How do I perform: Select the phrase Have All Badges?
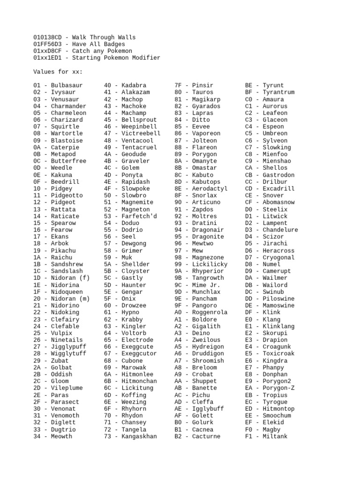pos(99,44)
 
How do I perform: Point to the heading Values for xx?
pos(58,72)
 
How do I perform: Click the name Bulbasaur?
pos(67,85)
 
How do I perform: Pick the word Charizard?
pos(67,120)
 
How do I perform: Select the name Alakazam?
pos(135,92)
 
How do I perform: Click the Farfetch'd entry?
pos(139,216)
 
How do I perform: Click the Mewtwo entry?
pos(202,244)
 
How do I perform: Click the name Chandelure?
pos(280,230)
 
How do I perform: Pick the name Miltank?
pos(275,436)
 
